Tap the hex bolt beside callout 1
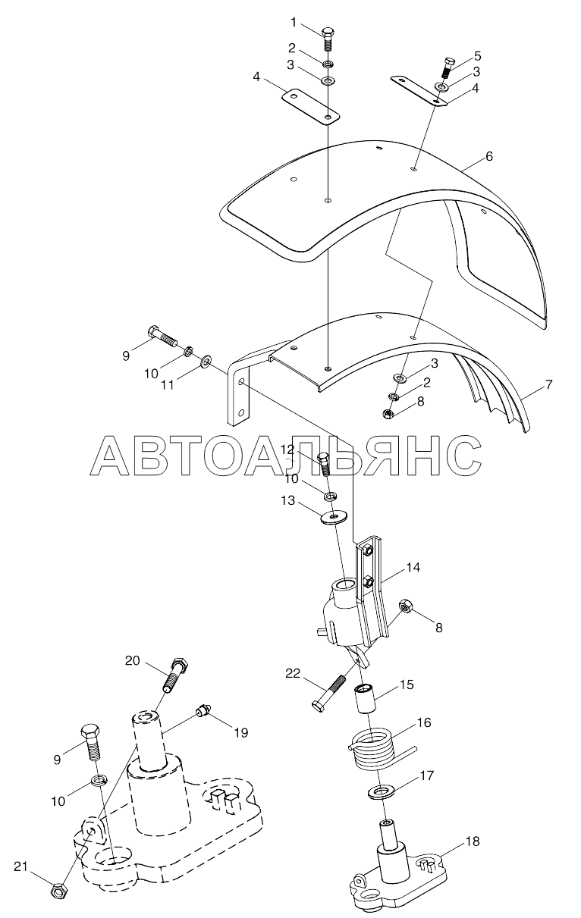(x=328, y=41)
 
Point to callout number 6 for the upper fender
(x=489, y=157)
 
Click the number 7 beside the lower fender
(x=548, y=385)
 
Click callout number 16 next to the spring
(x=423, y=723)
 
